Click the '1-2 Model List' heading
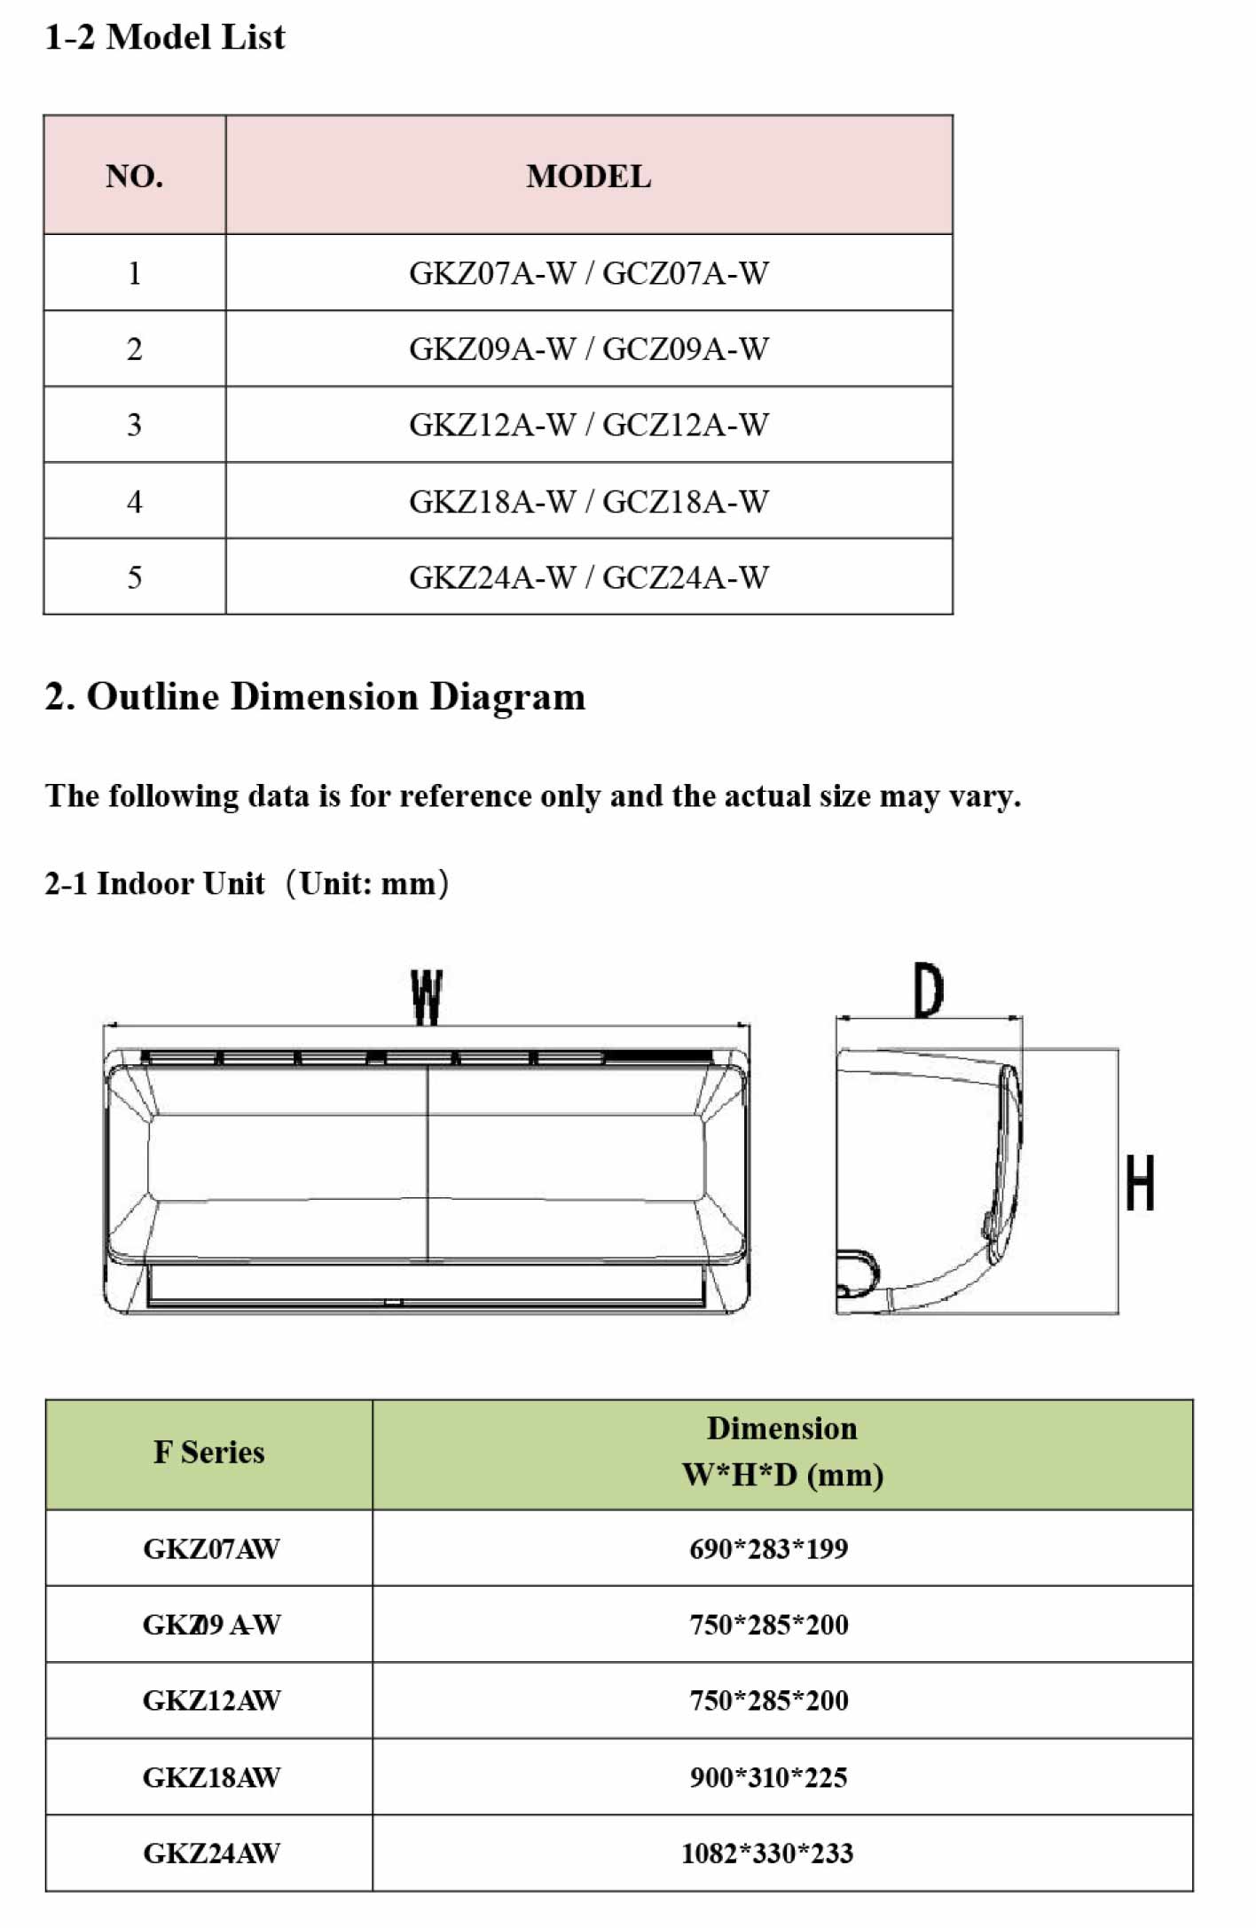pos(165,37)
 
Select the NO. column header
pos(134,176)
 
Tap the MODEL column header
pos(588,176)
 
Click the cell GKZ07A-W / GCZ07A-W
pos(588,273)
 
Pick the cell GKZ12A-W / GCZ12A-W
pos(588,425)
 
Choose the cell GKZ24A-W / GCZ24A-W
pos(588,577)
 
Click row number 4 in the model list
pos(134,502)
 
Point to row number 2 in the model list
pos(134,349)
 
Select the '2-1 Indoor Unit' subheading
pos(154,883)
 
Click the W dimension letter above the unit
pos(427,997)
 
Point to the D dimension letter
pos(929,990)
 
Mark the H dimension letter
pos(1140,1182)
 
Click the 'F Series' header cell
pos(209,1453)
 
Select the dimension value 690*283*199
pos(768,1548)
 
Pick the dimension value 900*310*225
pos(768,1777)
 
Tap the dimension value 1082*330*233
pos(767,1853)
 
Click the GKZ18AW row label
pos(211,1777)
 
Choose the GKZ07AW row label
pos(211,1548)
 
